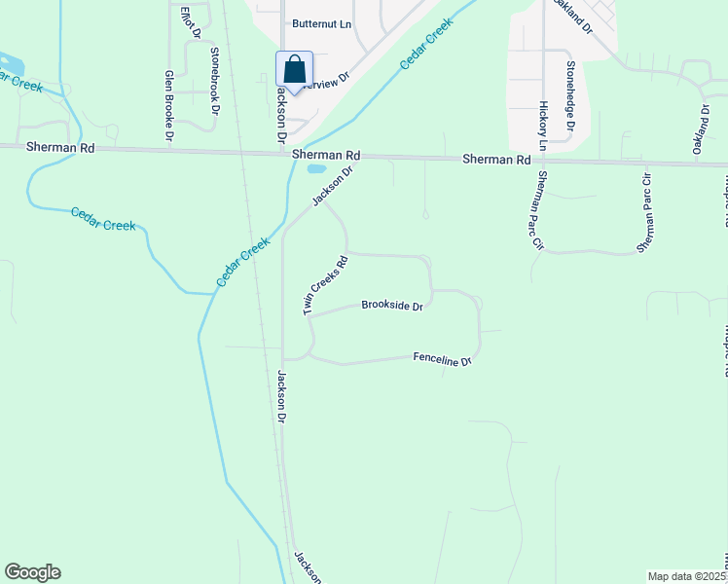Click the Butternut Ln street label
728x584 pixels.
click(x=319, y=23)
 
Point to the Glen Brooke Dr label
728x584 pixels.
click(x=169, y=107)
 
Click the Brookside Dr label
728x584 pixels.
click(x=392, y=306)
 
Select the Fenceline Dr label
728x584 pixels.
click(x=442, y=359)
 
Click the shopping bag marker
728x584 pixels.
click(x=294, y=70)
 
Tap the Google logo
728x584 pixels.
click(x=32, y=572)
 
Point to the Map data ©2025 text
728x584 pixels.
click(x=687, y=576)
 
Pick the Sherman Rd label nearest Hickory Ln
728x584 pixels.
click(x=496, y=159)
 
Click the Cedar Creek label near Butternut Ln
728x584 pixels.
click(x=427, y=41)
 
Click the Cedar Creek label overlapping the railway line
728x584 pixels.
click(x=240, y=264)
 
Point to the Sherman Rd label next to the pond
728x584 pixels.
click(x=326, y=155)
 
